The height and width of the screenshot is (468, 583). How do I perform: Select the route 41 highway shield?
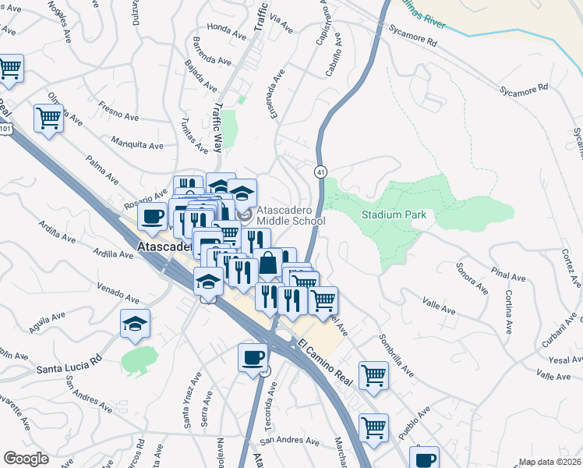pyautogui.click(x=320, y=171)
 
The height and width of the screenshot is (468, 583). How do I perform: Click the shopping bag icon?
pyautogui.click(x=268, y=264)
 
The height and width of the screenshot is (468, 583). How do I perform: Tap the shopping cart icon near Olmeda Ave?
pyautogui.click(x=48, y=119)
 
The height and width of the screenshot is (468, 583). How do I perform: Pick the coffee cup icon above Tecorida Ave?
pyautogui.click(x=253, y=357)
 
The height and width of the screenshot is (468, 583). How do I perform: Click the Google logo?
pyautogui.click(x=26, y=459)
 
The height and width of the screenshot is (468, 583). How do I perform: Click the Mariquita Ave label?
pyautogui.click(x=137, y=144)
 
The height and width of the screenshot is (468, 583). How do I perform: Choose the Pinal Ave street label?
pyautogui.click(x=508, y=275)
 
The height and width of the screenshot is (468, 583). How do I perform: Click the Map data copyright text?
pyautogui.click(x=549, y=462)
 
